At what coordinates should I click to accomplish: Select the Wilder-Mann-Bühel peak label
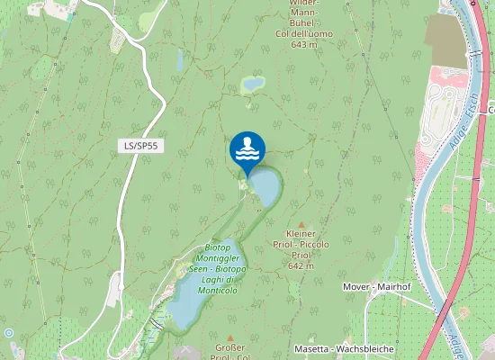304,13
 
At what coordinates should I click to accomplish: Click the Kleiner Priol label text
301,244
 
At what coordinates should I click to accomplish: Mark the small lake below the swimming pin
265,186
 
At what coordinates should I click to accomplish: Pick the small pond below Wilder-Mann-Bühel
253,84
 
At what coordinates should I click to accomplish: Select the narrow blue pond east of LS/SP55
179,60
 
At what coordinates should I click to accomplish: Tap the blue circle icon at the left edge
8,332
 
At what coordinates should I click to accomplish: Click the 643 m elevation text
304,44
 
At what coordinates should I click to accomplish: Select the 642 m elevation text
300,265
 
